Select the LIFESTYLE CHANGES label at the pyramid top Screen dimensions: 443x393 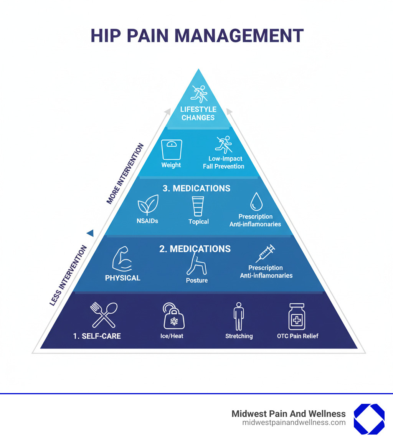[198, 114]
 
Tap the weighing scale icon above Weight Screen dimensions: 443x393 [172, 149]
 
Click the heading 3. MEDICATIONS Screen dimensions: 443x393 [196, 188]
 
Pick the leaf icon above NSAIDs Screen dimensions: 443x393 [148, 205]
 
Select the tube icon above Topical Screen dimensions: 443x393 [198, 206]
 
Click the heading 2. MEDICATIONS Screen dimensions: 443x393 [195, 249]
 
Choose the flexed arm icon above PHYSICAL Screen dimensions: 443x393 [122, 259]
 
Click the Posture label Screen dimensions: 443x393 [197, 280]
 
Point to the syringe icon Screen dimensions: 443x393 [266, 253]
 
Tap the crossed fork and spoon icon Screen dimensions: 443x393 [103, 315]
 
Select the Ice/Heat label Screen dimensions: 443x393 [172, 336]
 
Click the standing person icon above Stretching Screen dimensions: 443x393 [239, 316]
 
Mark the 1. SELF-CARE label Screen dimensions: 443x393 [97, 336]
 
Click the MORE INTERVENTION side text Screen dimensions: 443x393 [125, 174]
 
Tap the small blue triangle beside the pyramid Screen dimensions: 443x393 [90, 233]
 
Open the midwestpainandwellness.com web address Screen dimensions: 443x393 [294, 423]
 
